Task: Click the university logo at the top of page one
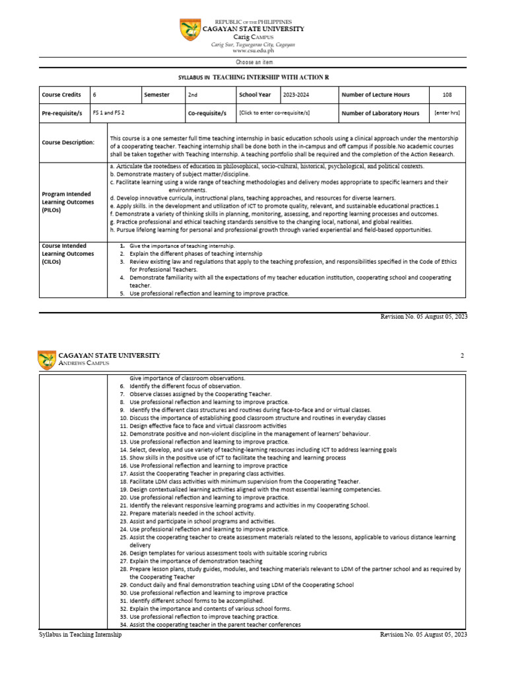(x=191, y=30)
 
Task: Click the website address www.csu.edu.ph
(x=253, y=50)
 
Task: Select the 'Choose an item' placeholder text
(x=253, y=61)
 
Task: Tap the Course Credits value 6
(x=94, y=95)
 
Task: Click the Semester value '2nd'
(x=193, y=95)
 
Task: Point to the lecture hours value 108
(x=448, y=95)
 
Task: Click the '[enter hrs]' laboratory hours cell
(x=448, y=113)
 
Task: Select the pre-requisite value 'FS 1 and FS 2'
(x=108, y=113)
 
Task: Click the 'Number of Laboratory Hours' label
(x=380, y=113)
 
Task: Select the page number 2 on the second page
(x=462, y=356)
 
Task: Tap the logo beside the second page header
(x=47, y=360)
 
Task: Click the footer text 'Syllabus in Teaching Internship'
(x=80, y=635)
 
